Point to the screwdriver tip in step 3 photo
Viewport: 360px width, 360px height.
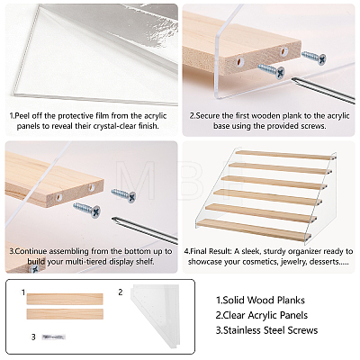click(x=113, y=220)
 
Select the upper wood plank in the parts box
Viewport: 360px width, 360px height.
click(x=65, y=299)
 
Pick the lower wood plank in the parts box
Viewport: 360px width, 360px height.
click(x=65, y=314)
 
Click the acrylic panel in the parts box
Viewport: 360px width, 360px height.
click(x=155, y=317)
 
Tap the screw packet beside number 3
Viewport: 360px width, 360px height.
click(x=54, y=337)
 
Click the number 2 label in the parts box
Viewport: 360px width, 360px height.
click(x=121, y=292)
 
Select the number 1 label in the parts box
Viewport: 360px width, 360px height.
click(x=23, y=292)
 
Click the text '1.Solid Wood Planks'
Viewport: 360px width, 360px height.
click(x=260, y=300)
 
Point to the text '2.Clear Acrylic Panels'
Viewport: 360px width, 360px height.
click(x=262, y=315)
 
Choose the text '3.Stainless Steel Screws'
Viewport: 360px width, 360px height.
click(x=266, y=330)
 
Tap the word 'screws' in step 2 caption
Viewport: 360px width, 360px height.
click(x=313, y=126)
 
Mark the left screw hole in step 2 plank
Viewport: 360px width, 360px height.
click(x=239, y=62)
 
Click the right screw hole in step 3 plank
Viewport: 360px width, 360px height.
click(x=91, y=188)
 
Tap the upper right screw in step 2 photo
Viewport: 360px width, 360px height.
click(x=314, y=57)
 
